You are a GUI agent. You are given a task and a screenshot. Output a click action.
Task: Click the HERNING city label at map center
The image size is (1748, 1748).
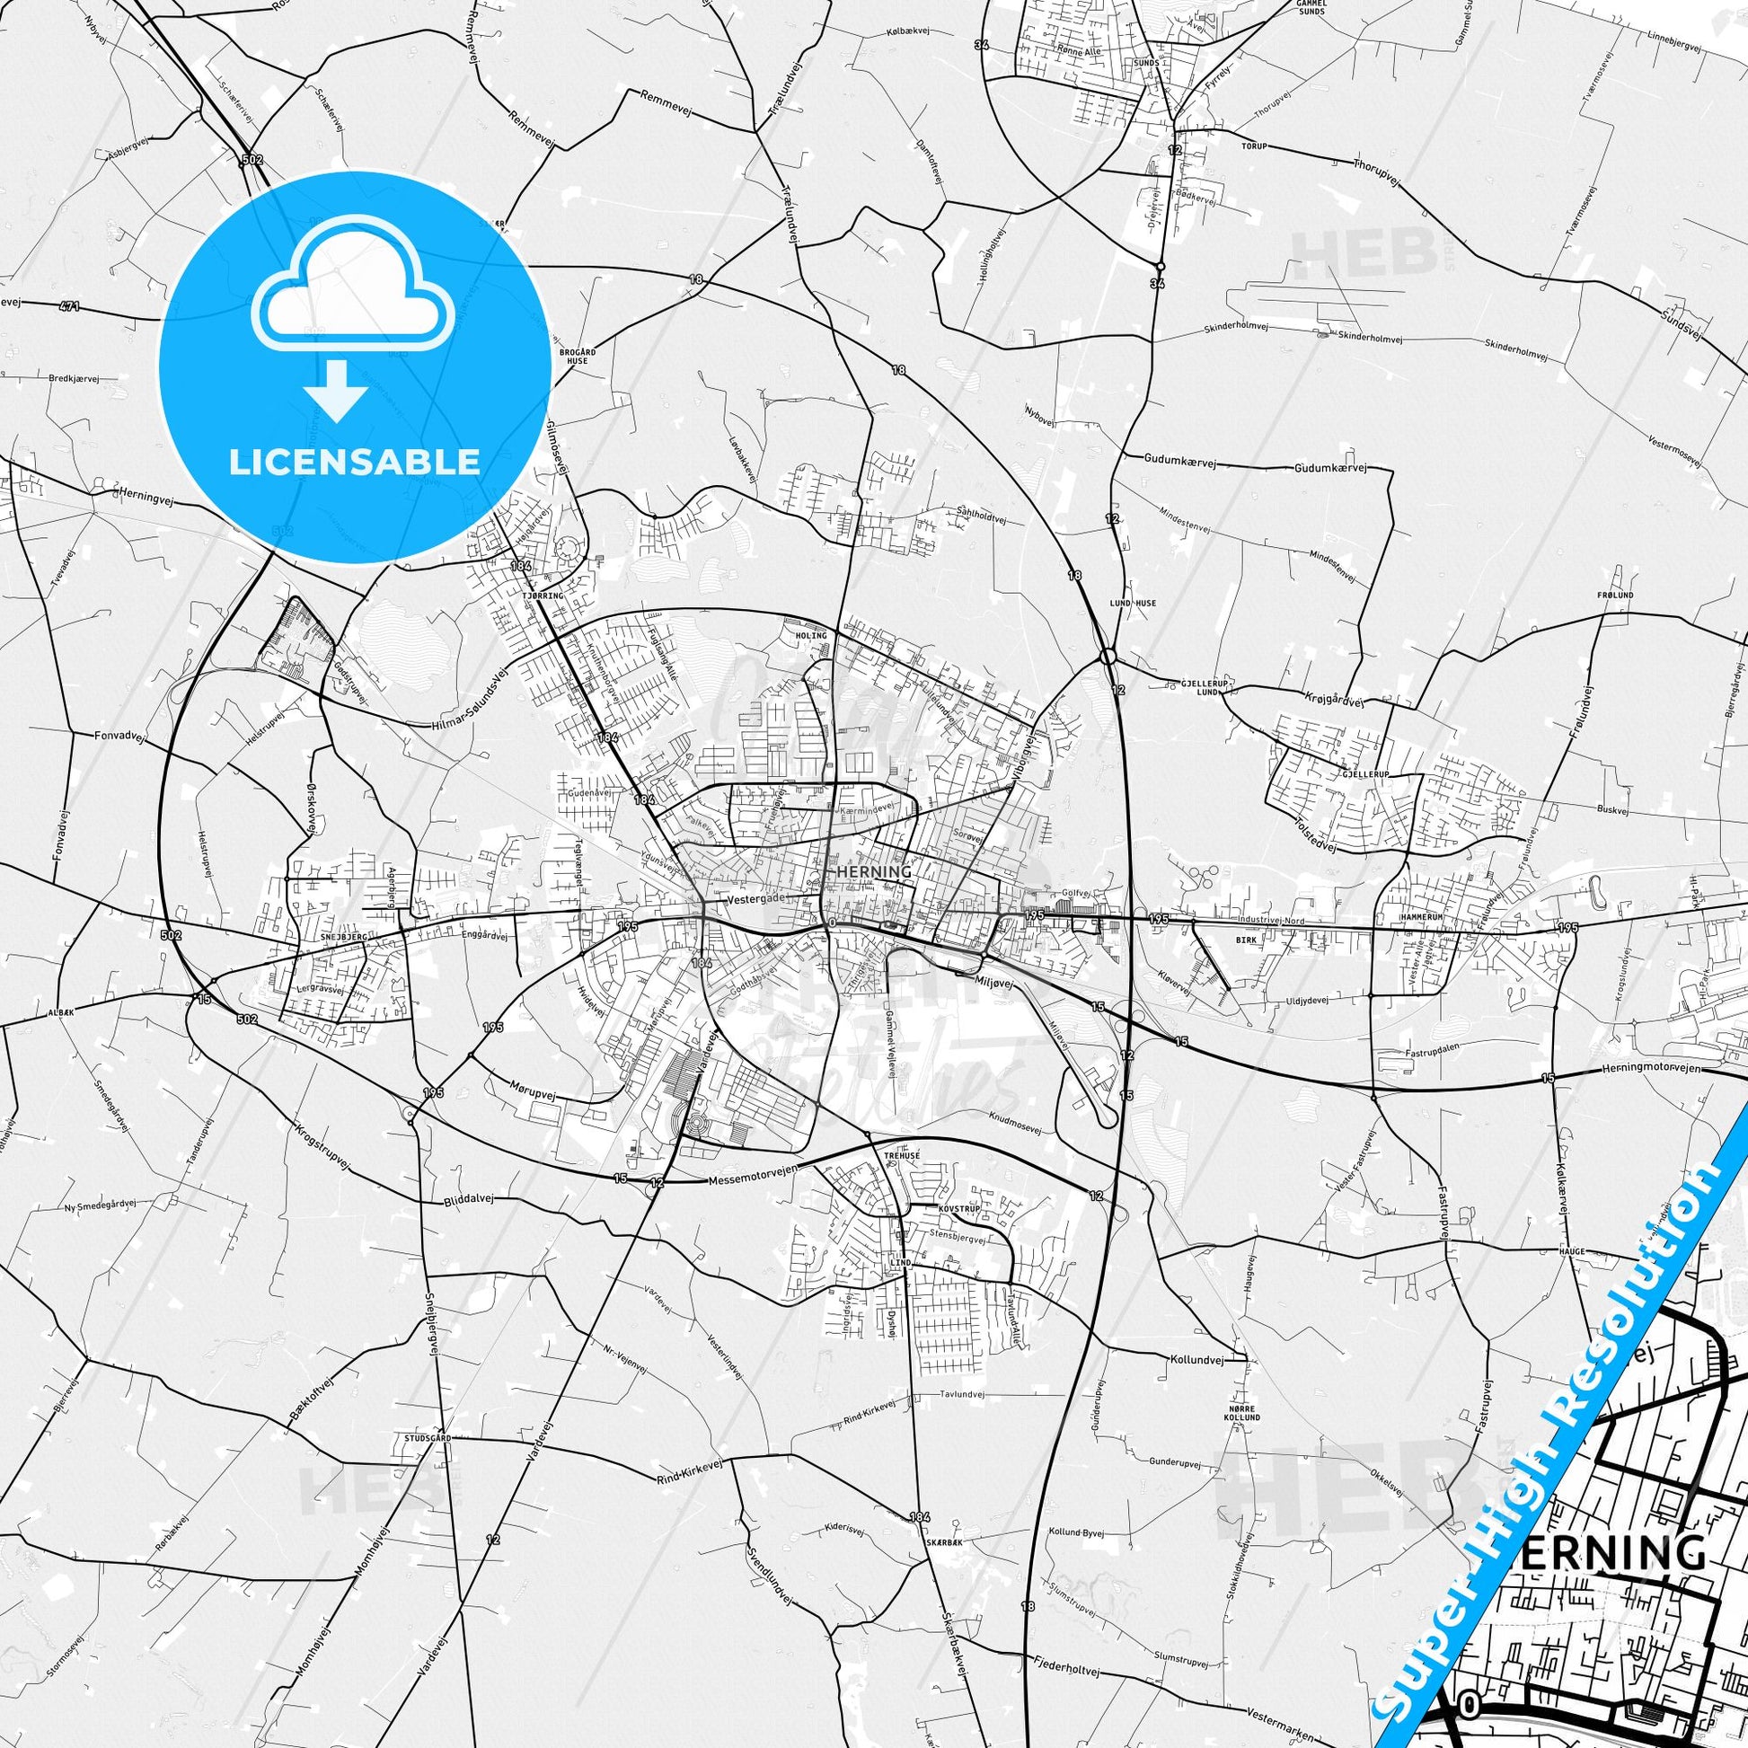pyautogui.click(x=874, y=871)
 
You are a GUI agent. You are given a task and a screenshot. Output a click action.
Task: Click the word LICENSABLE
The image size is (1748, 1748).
pyautogui.click(x=355, y=463)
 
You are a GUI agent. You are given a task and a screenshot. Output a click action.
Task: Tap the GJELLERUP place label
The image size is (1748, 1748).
pyautogui.click(x=1364, y=775)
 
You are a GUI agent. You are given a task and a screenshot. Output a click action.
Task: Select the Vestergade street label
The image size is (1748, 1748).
pyautogui.click(x=757, y=899)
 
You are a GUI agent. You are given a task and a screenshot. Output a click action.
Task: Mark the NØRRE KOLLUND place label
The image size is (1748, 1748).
pyautogui.click(x=1244, y=1412)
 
